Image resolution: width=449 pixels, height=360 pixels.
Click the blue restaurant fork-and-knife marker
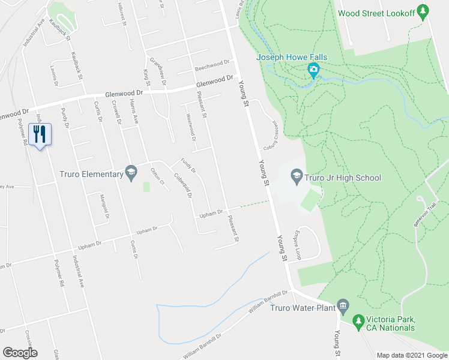point(40,134)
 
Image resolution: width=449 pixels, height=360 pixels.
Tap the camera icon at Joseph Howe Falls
point(313,71)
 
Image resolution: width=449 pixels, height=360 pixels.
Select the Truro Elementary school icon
point(130,173)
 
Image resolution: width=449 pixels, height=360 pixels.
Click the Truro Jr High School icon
point(295,177)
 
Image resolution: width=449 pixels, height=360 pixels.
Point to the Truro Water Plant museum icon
point(343,307)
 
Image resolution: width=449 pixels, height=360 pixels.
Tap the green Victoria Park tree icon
point(358,322)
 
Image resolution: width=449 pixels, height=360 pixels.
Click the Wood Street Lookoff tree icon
point(423,11)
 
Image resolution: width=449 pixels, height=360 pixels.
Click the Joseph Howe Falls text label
point(292,58)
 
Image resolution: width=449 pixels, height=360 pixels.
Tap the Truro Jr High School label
point(342,178)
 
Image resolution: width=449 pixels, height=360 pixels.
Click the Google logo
point(20,353)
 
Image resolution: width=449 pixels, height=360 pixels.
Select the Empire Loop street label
point(297,244)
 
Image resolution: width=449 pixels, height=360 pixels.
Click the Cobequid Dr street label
point(183,186)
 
